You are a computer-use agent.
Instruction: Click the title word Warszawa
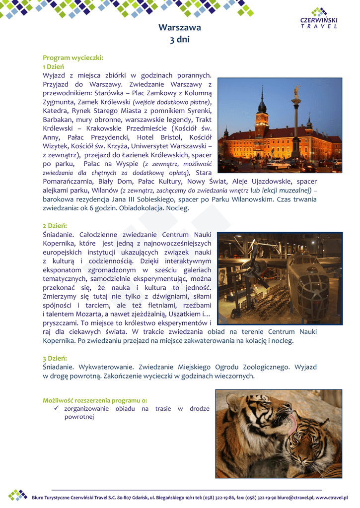point(180,28)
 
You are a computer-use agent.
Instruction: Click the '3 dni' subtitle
point(180,40)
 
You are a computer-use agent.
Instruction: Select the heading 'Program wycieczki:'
point(73,58)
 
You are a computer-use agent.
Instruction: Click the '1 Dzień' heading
point(53,66)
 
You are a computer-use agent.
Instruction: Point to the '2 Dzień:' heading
point(55,226)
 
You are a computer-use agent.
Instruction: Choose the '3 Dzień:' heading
point(55,358)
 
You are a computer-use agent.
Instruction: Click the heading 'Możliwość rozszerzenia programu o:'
point(95,400)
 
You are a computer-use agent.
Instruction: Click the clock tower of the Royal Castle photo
point(262,112)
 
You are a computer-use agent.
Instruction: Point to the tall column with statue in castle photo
point(296,124)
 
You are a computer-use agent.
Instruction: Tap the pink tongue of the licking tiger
point(293,422)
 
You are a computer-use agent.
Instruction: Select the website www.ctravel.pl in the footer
point(331,498)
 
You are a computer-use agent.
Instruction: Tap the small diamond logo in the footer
point(18,495)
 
